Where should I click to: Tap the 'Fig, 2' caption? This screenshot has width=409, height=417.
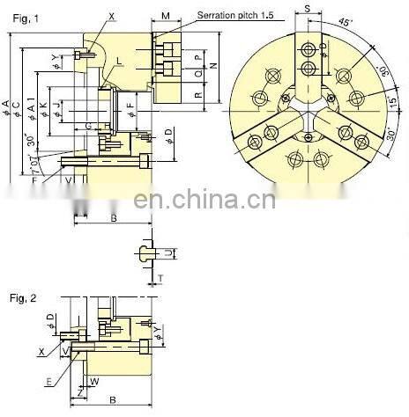coord(21,298)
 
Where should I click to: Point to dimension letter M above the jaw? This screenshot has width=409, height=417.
coord(167,17)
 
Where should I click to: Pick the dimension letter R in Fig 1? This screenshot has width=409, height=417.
coord(199,94)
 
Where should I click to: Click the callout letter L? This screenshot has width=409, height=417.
coord(119,60)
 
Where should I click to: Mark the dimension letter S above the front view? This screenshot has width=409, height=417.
coord(307,8)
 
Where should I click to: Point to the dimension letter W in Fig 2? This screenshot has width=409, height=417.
coord(93,381)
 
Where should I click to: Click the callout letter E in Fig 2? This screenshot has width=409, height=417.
coord(48,381)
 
